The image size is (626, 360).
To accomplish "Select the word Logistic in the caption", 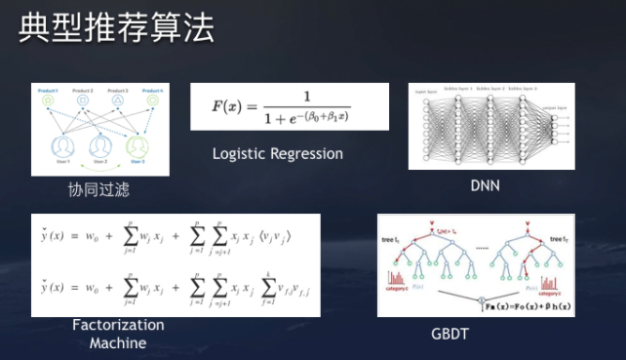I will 242,153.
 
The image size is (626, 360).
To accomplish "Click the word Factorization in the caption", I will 118,325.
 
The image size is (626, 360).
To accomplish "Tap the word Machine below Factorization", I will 118,342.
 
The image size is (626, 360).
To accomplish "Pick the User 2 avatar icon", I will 98,147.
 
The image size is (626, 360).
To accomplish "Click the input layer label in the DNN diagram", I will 427,91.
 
